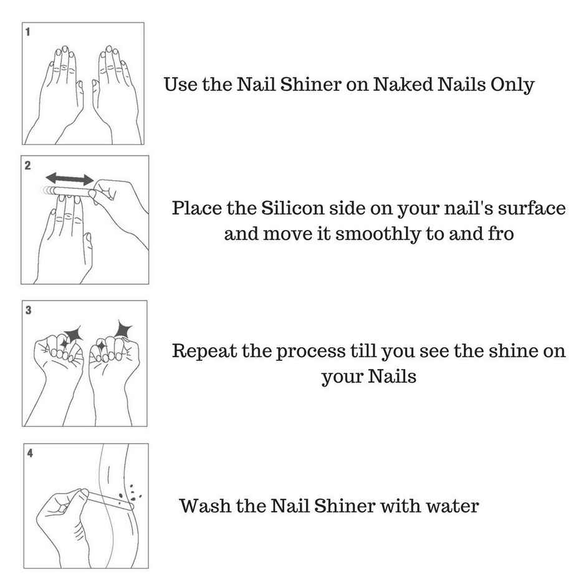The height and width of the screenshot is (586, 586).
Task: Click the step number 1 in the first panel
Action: (x=27, y=31)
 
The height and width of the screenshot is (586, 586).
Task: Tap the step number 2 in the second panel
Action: (x=27, y=166)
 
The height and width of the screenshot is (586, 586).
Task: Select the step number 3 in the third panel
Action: (x=27, y=310)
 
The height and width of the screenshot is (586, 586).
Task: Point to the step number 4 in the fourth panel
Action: (x=29, y=453)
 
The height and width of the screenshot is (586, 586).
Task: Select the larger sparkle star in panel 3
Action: (x=121, y=327)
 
